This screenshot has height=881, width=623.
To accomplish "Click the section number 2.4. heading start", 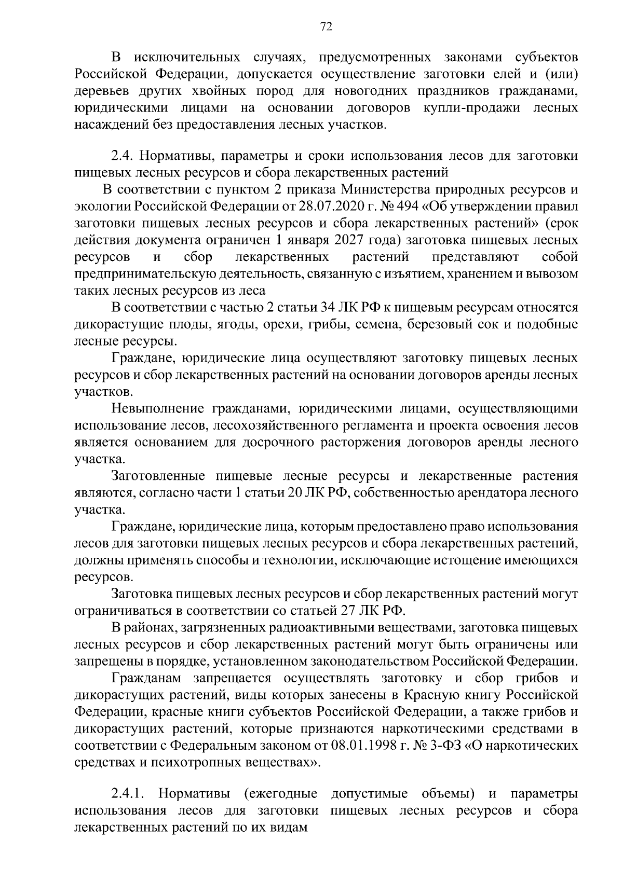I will (123, 156).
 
